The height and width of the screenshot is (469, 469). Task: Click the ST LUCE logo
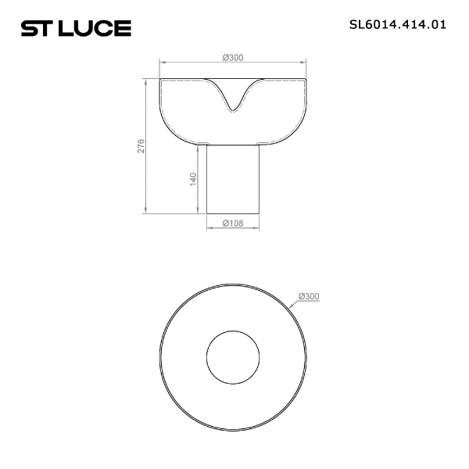76,29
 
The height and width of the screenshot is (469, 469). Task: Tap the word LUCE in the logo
96,29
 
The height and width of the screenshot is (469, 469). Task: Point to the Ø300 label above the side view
232,57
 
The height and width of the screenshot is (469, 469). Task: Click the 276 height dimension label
141,146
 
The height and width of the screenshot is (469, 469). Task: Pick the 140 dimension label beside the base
192,179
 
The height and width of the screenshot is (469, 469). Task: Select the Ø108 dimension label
232,223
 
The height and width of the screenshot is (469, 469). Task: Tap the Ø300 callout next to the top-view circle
309,296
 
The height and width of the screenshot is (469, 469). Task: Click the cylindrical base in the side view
232,180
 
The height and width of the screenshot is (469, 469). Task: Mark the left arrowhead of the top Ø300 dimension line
162,62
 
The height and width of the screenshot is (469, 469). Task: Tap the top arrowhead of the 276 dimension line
146,81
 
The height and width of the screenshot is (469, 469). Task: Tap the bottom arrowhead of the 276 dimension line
146,210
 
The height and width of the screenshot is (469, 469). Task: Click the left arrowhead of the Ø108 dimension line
208,228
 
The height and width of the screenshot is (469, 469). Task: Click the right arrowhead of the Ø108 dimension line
257,228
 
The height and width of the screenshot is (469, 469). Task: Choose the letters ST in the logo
38,29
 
